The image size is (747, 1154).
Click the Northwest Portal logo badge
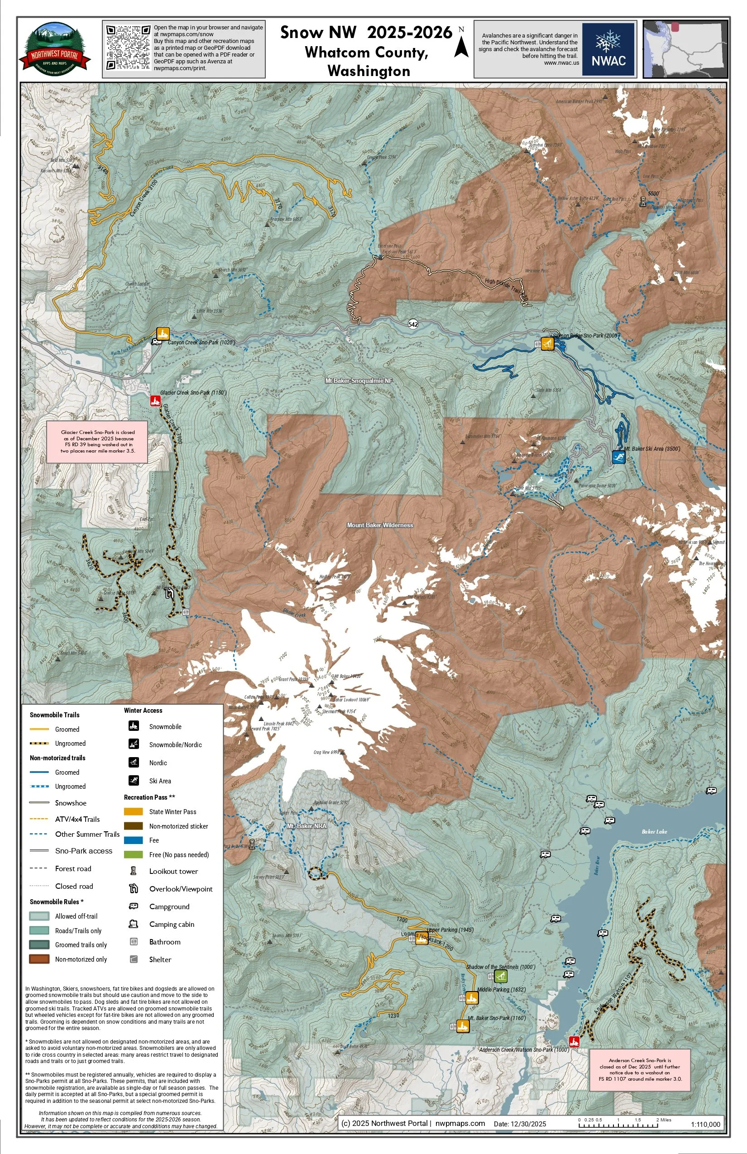[55, 49]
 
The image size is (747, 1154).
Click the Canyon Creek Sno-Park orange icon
[163, 334]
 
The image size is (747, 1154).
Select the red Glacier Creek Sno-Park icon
[155, 401]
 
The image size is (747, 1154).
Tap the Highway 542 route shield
[413, 324]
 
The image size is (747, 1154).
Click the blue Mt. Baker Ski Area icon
[618, 457]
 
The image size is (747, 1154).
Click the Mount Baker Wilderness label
[380, 525]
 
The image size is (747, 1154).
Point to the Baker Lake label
[654, 832]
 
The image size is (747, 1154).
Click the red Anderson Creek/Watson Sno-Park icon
[574, 1041]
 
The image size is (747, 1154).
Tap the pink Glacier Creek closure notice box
[97, 441]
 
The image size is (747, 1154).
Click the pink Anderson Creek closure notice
[639, 1070]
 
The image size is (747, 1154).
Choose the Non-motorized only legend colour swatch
[39, 958]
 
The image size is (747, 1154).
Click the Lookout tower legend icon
[134, 871]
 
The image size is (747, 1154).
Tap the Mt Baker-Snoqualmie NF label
[359, 381]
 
